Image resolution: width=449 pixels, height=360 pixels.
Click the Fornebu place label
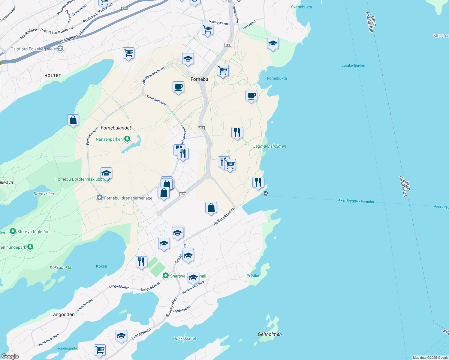[199, 79]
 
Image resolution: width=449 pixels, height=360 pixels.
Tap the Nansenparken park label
[109, 139]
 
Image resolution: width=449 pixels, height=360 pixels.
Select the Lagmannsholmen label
[270, 146]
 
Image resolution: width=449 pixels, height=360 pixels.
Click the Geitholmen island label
[270, 334]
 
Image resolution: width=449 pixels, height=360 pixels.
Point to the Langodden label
[62, 314]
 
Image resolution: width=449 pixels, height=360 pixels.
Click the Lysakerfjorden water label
[353, 65]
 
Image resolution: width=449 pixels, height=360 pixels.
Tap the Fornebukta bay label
[277, 78]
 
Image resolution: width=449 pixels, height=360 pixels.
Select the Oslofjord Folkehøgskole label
[33, 49]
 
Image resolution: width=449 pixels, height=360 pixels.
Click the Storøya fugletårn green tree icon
[13, 231]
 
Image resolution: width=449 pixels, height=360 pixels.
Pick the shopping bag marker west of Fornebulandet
[73, 120]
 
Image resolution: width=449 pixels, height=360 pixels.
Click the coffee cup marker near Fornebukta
[251, 96]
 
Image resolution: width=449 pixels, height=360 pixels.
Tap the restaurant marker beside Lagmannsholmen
[237, 133]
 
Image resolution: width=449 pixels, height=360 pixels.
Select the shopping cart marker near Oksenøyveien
[207, 30]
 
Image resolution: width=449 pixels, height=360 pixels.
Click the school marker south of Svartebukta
[273, 44]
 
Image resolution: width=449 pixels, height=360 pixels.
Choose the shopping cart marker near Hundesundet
[100, 350]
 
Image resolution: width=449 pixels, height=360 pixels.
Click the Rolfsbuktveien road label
[224, 217]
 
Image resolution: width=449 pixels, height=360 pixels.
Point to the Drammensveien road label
[72, 36]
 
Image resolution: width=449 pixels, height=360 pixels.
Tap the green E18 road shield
[125, 8]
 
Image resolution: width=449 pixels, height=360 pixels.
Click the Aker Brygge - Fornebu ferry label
[356, 201]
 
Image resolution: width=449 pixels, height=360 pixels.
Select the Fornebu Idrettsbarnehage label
[128, 198]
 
